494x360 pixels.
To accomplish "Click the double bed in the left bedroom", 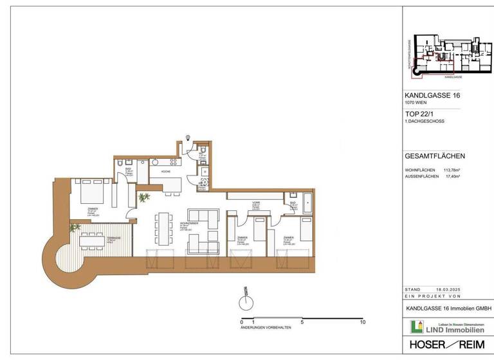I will coord(91,191).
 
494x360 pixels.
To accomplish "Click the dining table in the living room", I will coord(164,228).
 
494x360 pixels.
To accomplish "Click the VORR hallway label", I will coord(255,204).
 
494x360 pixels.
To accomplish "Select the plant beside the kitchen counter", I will coord(143,197).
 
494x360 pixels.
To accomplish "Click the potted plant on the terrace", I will coord(76,228).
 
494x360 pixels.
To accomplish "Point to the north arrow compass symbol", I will coord(244,300).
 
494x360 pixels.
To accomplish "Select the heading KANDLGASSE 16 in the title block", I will coord(432,96).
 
